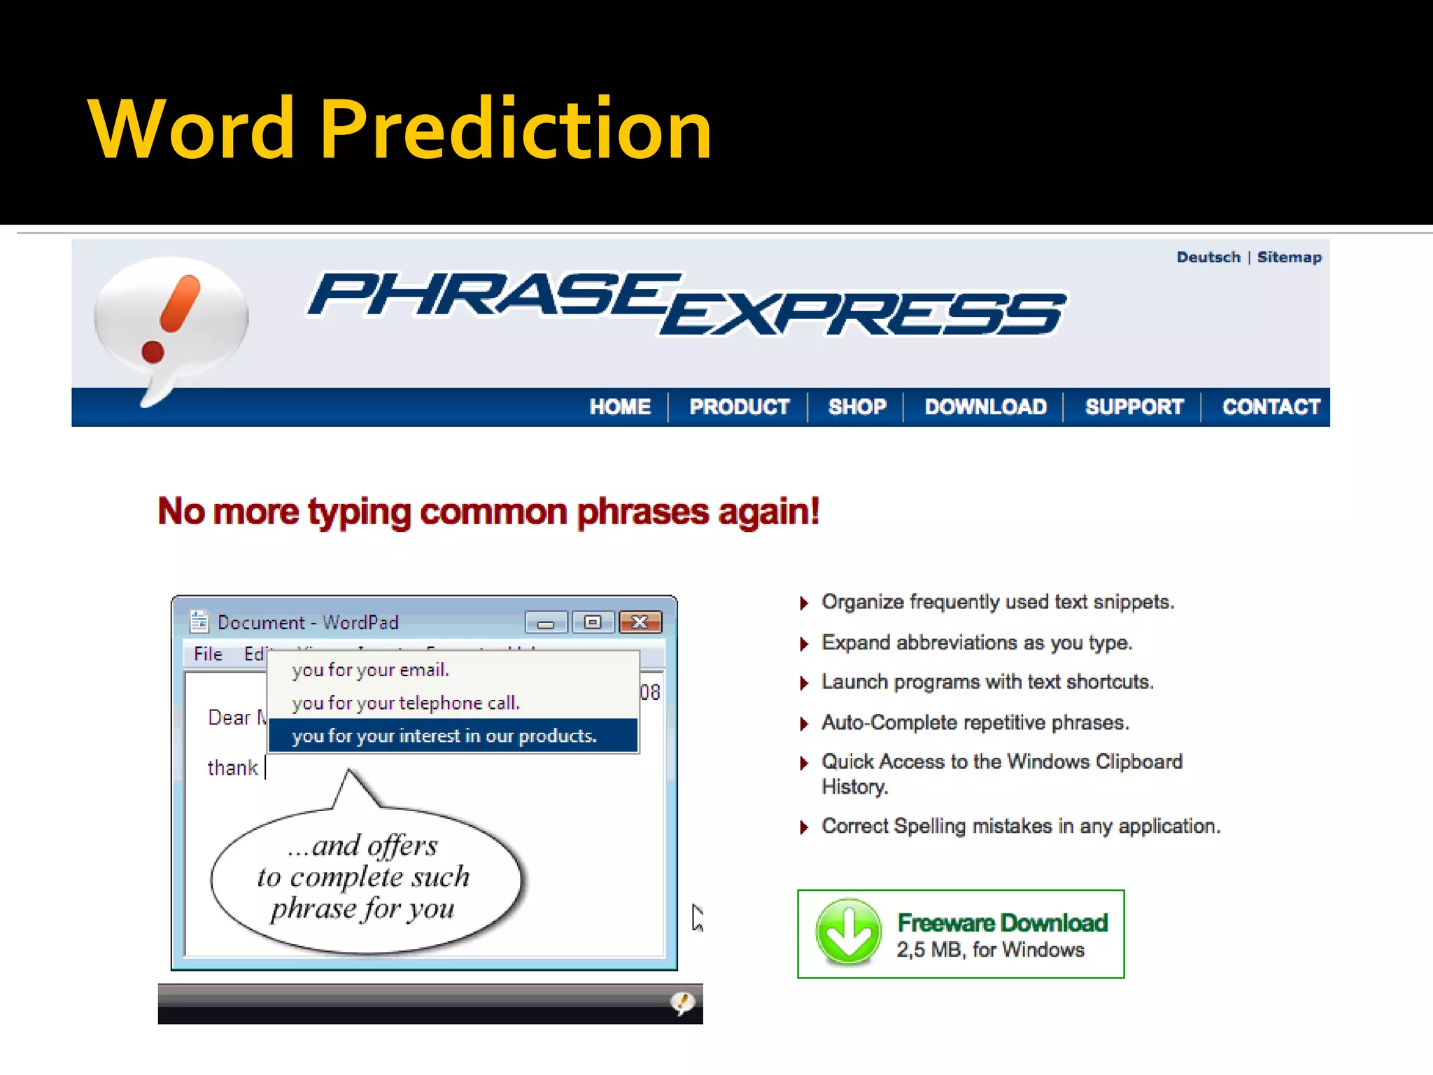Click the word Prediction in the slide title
pyautogui.click(x=516, y=130)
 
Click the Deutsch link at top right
pyautogui.click(x=1208, y=258)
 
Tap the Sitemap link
pyautogui.click(x=1289, y=258)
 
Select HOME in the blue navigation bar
pyautogui.click(x=620, y=407)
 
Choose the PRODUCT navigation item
pyautogui.click(x=739, y=407)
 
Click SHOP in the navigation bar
pyautogui.click(x=857, y=407)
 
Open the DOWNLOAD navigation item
pyautogui.click(x=985, y=407)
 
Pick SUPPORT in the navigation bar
pyautogui.click(x=1134, y=407)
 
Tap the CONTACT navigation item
pyautogui.click(x=1271, y=407)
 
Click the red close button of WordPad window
pyautogui.click(x=640, y=622)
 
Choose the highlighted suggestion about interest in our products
pyautogui.click(x=444, y=736)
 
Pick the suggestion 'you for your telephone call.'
pyautogui.click(x=406, y=703)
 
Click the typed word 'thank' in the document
pyautogui.click(x=232, y=768)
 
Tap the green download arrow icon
pyautogui.click(x=848, y=933)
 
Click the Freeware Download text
pyautogui.click(x=1002, y=923)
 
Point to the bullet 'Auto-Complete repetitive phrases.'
pyautogui.click(x=975, y=722)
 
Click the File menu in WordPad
pyautogui.click(x=208, y=654)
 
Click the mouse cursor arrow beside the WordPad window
pyautogui.click(x=697, y=917)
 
